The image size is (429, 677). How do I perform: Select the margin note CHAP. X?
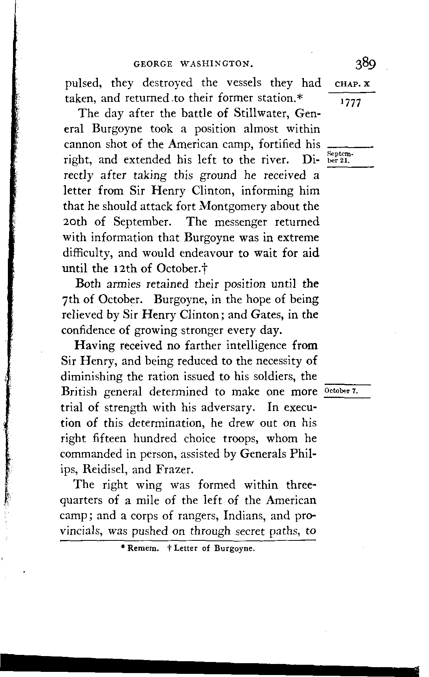pyautogui.click(x=352, y=84)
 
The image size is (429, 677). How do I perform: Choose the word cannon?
pyautogui.click(x=82, y=144)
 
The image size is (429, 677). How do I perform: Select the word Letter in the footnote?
pyautogui.click(x=185, y=549)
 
